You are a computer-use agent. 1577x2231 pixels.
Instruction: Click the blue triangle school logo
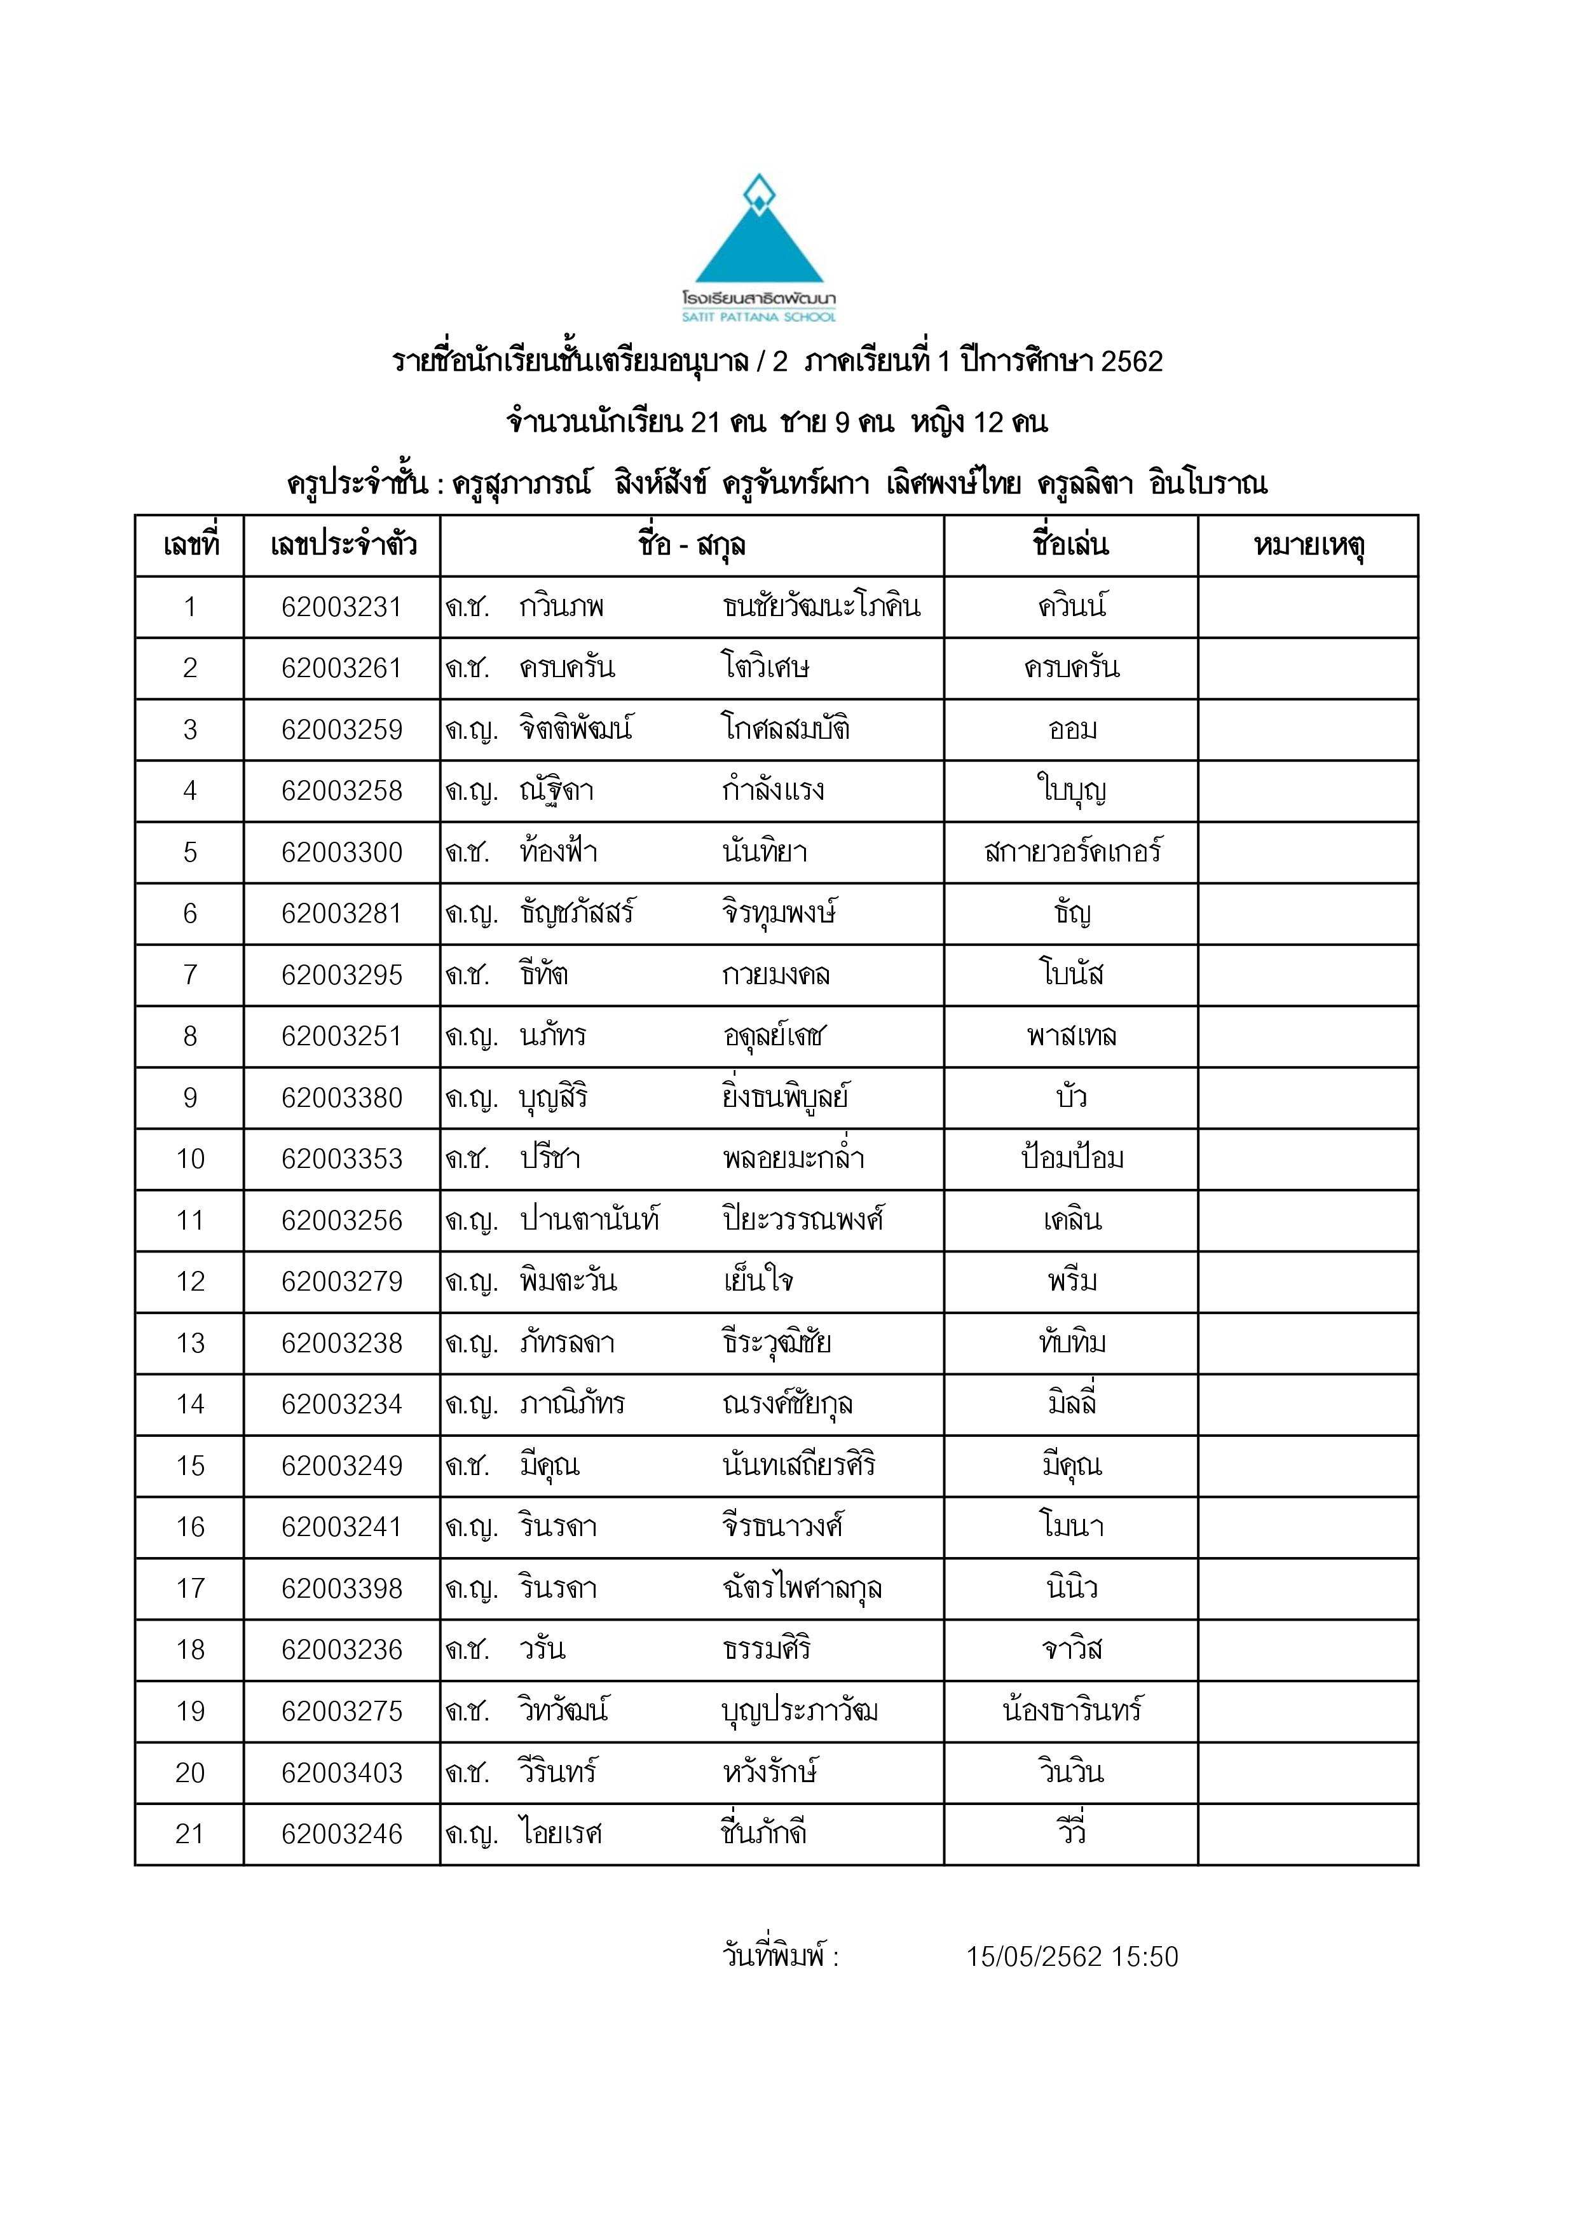759,238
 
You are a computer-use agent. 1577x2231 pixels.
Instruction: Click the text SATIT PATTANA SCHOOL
759,317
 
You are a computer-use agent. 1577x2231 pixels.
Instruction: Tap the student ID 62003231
341,607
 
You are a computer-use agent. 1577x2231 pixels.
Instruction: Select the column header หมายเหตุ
1308,545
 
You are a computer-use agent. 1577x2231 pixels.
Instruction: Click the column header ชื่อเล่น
1071,545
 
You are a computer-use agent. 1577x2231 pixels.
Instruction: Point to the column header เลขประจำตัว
342,545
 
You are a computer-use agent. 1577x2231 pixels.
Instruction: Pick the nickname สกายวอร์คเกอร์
1072,852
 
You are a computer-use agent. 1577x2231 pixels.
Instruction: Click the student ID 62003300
341,852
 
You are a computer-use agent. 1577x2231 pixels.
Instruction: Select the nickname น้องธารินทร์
1072,1710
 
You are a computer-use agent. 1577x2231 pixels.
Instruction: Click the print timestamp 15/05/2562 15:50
1072,1956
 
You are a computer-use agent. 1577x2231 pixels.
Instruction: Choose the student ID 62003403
341,1773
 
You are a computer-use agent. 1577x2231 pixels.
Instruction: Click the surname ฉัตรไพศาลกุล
802,1588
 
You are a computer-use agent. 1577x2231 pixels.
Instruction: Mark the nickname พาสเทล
1072,1036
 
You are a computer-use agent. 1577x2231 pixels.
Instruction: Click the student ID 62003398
341,1588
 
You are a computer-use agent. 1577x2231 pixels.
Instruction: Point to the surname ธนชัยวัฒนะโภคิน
821,607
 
